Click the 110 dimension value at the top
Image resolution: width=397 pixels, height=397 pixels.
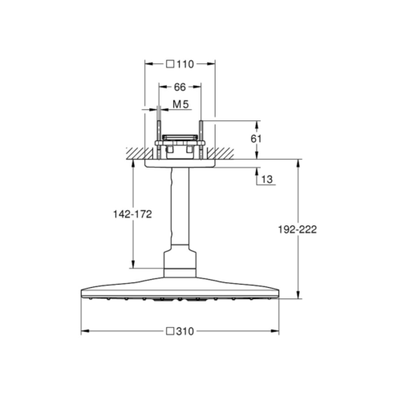(184, 64)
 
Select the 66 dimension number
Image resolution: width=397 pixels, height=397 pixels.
(180, 87)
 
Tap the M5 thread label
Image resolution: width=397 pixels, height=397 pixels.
(180, 104)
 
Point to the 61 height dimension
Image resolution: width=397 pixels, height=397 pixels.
(256, 139)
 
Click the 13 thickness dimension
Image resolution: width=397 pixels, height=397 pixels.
(267, 179)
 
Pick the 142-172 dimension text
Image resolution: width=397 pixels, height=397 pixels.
(132, 214)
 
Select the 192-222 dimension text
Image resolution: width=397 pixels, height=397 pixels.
(298, 229)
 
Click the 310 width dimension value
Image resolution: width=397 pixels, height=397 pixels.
(184, 331)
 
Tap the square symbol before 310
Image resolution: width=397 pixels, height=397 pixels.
(170, 331)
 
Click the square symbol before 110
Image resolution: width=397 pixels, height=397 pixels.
(170, 64)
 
